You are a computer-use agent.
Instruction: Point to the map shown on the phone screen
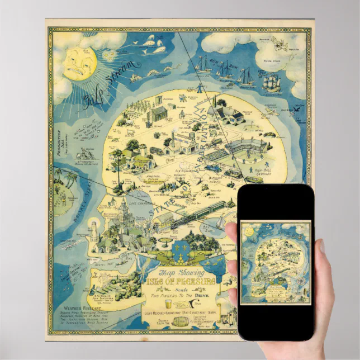tap(274, 263)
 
